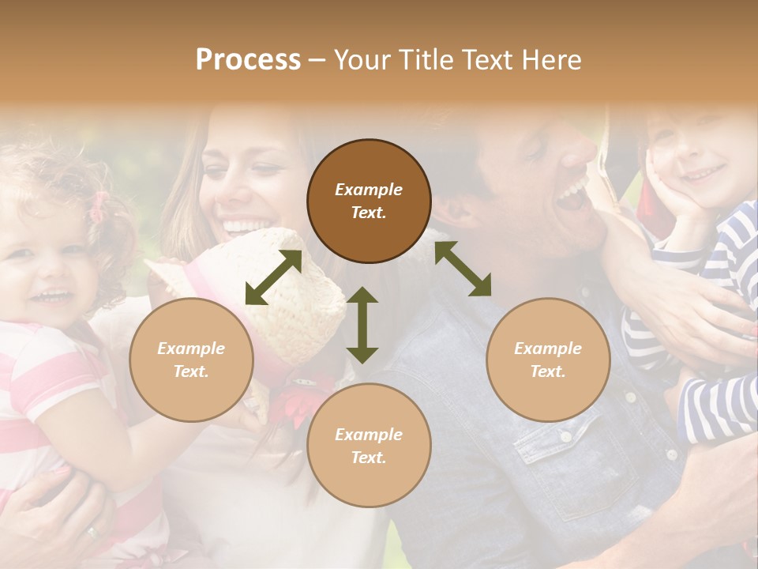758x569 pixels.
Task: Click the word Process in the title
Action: (248, 60)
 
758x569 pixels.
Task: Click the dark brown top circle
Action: (369, 201)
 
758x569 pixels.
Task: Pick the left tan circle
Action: (191, 360)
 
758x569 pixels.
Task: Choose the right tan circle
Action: (548, 360)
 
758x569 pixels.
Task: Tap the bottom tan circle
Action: (369, 446)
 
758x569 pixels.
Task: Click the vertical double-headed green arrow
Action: (362, 325)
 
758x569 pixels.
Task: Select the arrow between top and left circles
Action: (273, 277)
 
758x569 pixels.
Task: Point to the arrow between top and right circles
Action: (463, 269)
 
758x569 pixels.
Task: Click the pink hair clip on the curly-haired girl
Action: (98, 206)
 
